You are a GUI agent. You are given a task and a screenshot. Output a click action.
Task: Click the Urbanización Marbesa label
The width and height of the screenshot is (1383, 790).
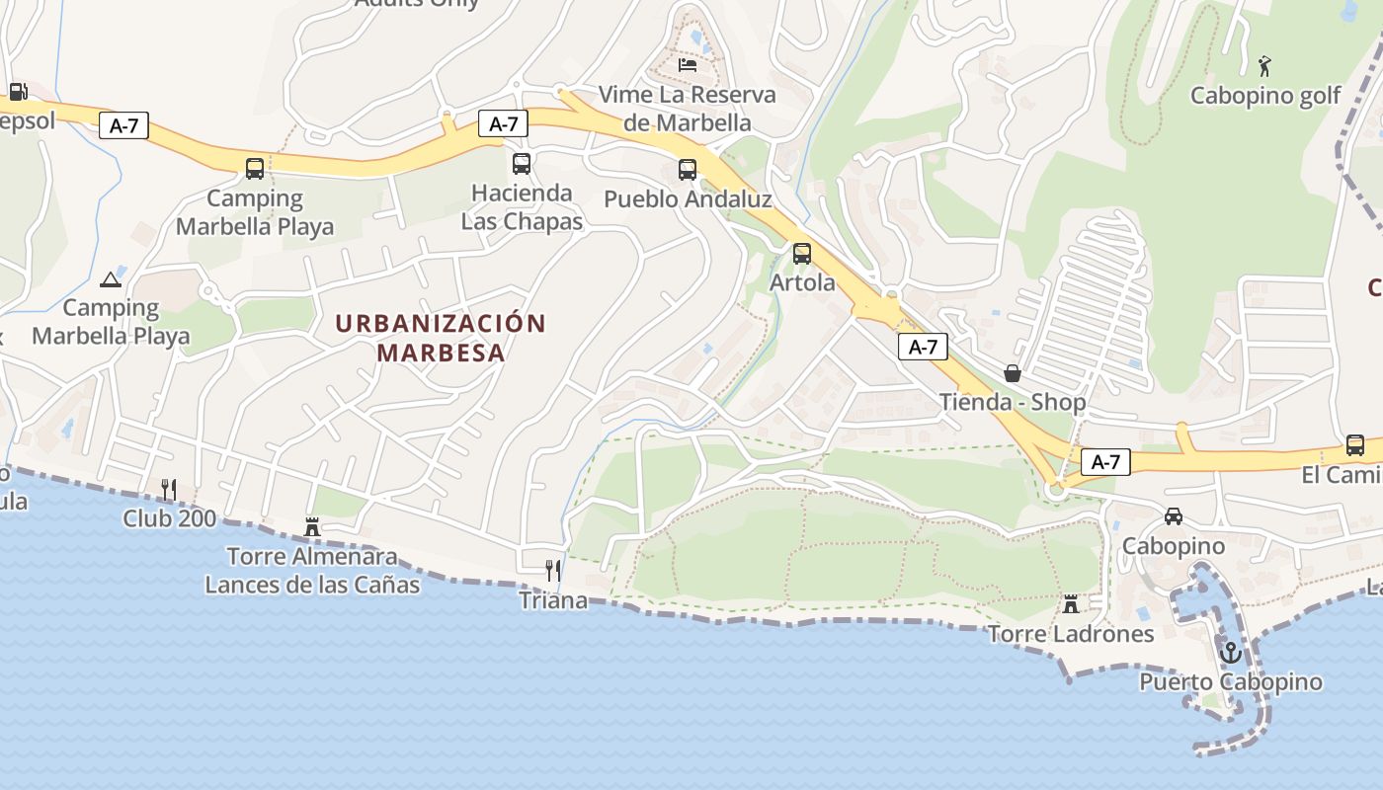click(440, 338)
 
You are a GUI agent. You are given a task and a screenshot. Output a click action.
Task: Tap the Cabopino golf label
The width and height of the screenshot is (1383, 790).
click(1265, 96)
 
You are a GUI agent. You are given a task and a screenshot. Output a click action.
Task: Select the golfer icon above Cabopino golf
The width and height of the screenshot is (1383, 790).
click(1264, 66)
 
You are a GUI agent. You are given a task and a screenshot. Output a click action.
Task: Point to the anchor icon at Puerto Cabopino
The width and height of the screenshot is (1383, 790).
click(1230, 653)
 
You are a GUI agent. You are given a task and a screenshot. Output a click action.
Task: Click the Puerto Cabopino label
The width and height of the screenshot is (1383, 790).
click(1230, 681)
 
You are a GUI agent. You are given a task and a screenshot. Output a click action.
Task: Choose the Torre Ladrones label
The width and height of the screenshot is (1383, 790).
click(1071, 633)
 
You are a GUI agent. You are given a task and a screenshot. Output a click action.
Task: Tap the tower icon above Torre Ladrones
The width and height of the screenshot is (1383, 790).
click(1070, 603)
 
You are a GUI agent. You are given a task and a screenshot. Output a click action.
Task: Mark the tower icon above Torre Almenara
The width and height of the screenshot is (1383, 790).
click(312, 526)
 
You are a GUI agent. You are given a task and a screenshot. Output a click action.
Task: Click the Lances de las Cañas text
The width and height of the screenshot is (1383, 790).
click(312, 585)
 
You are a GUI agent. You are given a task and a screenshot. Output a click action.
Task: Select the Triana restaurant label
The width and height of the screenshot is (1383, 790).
click(553, 599)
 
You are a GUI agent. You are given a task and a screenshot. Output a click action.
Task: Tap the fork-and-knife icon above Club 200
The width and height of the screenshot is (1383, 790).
click(169, 489)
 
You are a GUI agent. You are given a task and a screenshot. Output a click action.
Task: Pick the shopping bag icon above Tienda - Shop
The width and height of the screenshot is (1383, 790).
click(1012, 373)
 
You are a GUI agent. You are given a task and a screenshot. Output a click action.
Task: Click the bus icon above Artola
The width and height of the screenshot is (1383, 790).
click(802, 254)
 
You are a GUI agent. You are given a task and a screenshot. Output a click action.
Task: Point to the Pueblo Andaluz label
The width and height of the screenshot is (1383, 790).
click(688, 198)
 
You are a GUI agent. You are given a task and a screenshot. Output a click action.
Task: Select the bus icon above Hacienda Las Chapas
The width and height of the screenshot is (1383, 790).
click(522, 164)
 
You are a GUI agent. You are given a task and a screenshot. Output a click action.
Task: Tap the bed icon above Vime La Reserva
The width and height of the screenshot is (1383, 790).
click(688, 65)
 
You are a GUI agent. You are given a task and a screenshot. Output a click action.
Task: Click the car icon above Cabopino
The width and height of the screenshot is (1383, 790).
click(1174, 516)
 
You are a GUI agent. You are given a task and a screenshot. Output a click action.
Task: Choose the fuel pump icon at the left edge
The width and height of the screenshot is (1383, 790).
click(18, 92)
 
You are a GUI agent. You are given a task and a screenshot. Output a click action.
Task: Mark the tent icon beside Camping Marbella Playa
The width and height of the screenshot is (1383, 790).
click(110, 279)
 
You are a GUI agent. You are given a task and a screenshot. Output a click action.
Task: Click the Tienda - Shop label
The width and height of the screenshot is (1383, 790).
click(1012, 402)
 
